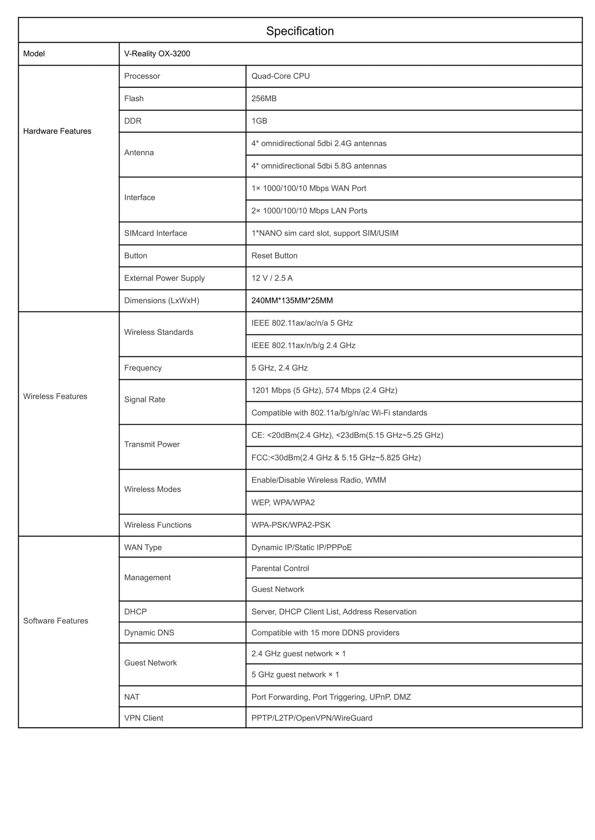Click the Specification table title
(x=300, y=31)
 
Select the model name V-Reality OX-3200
(x=157, y=54)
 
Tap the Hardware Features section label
(x=57, y=131)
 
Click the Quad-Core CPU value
(x=280, y=76)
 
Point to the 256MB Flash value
(x=264, y=98)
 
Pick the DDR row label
(x=133, y=121)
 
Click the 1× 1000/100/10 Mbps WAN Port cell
(x=309, y=188)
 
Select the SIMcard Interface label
(x=156, y=233)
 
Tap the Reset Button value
(x=274, y=256)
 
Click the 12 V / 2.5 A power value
(x=272, y=278)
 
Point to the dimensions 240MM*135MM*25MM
(x=292, y=300)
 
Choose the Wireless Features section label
(x=55, y=396)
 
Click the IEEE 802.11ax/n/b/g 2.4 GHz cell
(x=303, y=345)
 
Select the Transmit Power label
(x=152, y=444)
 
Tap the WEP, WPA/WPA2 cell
(x=283, y=503)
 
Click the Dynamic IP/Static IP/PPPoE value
(x=301, y=547)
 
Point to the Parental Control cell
(x=280, y=568)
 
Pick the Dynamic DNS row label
(x=149, y=633)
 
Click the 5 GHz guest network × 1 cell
(x=295, y=675)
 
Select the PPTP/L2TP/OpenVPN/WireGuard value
(x=312, y=718)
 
